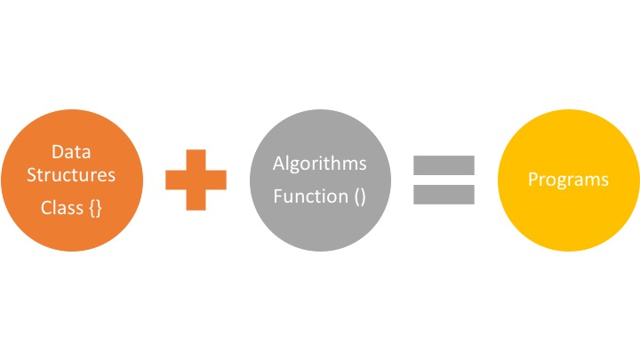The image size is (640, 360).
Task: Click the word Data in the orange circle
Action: pyautogui.click(x=71, y=151)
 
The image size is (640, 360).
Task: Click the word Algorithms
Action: pyautogui.click(x=319, y=164)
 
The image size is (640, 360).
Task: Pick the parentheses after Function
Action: pyautogui.click(x=359, y=196)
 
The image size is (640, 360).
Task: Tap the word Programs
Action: pyautogui.click(x=568, y=180)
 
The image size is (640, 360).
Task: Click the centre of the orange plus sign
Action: pyautogui.click(x=196, y=180)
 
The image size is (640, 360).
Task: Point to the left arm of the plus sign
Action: pyautogui.click(x=174, y=180)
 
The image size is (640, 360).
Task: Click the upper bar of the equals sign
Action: pyautogui.click(x=444, y=165)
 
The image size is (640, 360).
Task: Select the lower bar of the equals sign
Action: pyautogui.click(x=444, y=194)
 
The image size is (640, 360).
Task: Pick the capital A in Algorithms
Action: pyautogui.click(x=278, y=164)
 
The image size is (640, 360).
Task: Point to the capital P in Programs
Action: pyautogui.click(x=532, y=180)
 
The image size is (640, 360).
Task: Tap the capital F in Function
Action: pyautogui.click(x=277, y=196)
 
